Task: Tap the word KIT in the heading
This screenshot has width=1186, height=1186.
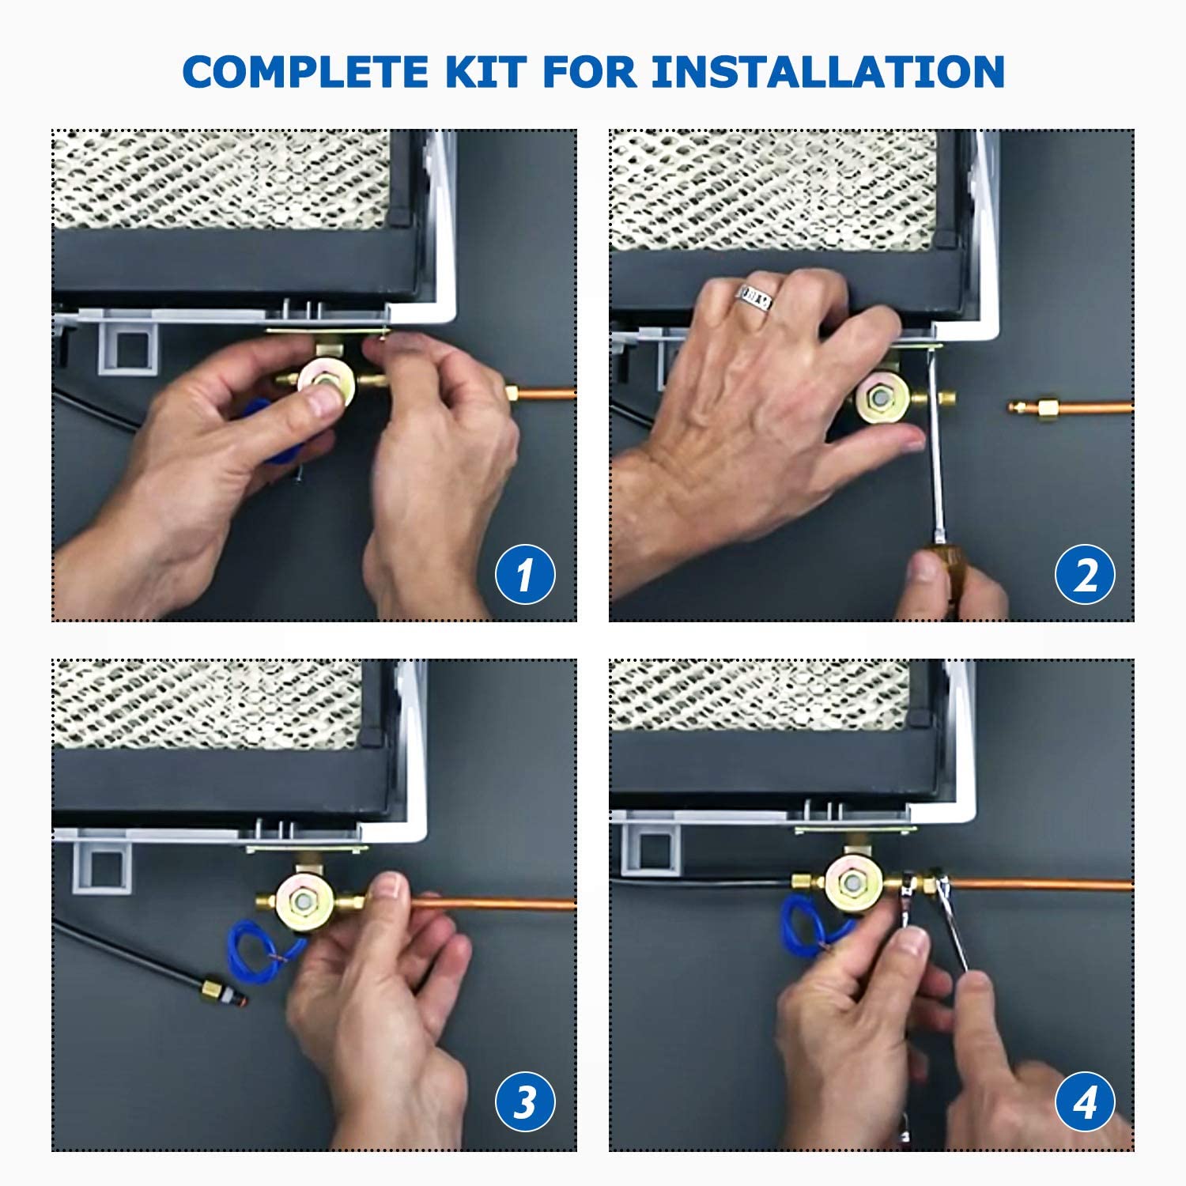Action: click(485, 72)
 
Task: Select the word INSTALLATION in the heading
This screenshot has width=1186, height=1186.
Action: click(828, 72)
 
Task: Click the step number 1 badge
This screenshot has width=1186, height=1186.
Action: click(525, 575)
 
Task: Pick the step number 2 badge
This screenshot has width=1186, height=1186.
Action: click(1085, 575)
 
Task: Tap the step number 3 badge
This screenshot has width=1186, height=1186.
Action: click(525, 1102)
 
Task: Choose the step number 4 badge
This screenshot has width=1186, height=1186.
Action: click(1085, 1102)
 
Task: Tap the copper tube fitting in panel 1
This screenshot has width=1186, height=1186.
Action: click(512, 391)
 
